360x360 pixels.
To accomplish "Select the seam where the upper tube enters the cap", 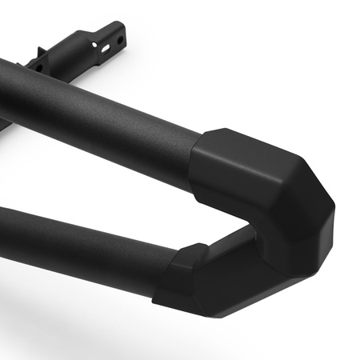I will (194, 164).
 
